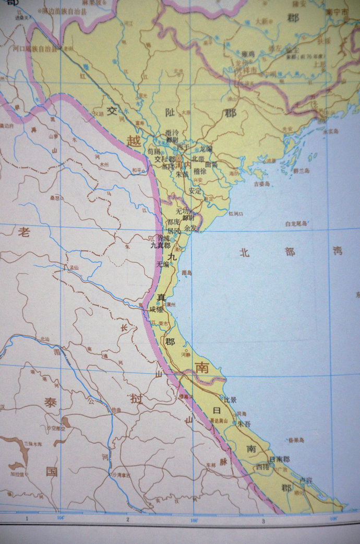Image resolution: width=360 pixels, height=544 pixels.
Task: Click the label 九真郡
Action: [160, 245]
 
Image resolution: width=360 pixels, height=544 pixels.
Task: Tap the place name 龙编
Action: [206, 149]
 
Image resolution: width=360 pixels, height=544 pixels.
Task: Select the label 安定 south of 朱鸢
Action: [195, 191]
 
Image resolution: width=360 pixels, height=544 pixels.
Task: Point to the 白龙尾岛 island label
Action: [296, 223]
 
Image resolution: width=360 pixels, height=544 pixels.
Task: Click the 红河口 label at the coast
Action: [236, 213]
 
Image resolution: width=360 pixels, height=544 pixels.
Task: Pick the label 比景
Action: [230, 400]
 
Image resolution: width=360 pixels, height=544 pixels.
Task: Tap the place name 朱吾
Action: [244, 424]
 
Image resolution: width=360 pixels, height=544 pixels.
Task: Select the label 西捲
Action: [262, 467]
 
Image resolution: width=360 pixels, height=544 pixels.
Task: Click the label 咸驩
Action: [157, 309]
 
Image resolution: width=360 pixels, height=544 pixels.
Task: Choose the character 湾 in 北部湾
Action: [338, 251]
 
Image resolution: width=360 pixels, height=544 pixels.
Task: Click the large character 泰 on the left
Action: [51, 403]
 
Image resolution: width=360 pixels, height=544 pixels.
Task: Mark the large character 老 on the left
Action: [24, 233]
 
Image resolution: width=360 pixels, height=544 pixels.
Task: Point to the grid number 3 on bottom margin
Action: [263, 521]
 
